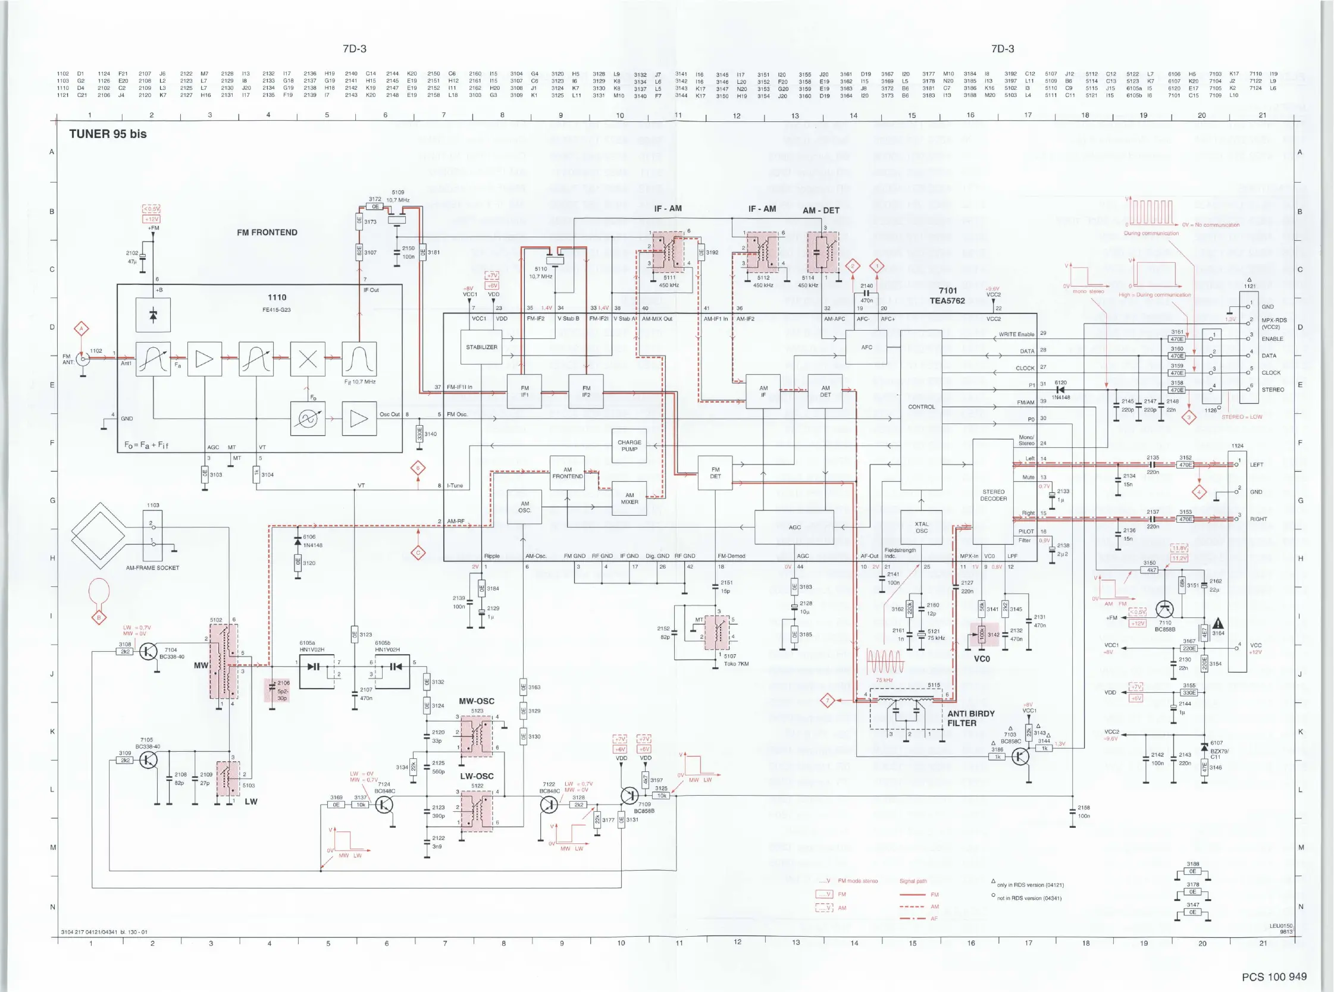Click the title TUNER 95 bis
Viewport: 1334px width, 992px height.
(108, 134)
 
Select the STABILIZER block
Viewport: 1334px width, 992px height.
(481, 347)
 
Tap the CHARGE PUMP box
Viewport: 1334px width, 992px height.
(629, 445)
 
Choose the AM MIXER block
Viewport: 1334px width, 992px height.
(629, 498)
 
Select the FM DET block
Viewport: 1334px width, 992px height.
(715, 473)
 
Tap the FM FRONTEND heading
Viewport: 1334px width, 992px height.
(267, 233)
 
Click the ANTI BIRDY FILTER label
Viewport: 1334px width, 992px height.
(970, 718)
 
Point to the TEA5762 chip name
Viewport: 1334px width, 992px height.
(947, 301)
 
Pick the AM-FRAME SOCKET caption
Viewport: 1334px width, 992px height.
(152, 567)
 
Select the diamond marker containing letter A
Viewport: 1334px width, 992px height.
(81, 328)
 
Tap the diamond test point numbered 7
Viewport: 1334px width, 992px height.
(828, 700)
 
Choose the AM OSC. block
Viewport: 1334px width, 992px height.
(524, 507)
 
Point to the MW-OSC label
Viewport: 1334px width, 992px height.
(476, 701)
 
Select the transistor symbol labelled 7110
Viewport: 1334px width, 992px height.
(1164, 609)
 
